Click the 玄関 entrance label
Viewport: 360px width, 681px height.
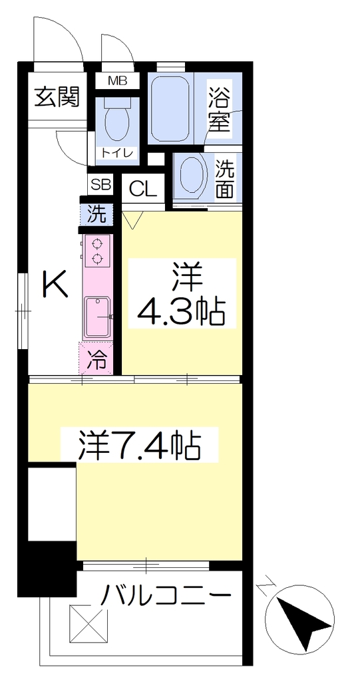[58, 97]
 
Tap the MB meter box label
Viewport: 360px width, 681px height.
[117, 80]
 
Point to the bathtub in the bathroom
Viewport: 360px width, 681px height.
[170, 108]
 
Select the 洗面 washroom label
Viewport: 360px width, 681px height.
[225, 178]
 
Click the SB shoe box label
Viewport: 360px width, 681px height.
[100, 186]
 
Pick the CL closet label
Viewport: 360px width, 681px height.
[143, 190]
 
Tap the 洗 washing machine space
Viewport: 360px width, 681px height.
[96, 215]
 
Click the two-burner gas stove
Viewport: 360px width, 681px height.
[97, 251]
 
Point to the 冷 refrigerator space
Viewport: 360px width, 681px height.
[96, 358]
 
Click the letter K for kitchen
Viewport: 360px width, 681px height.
[55, 283]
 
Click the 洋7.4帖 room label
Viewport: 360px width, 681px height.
[139, 445]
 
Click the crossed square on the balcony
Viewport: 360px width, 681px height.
[89, 624]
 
